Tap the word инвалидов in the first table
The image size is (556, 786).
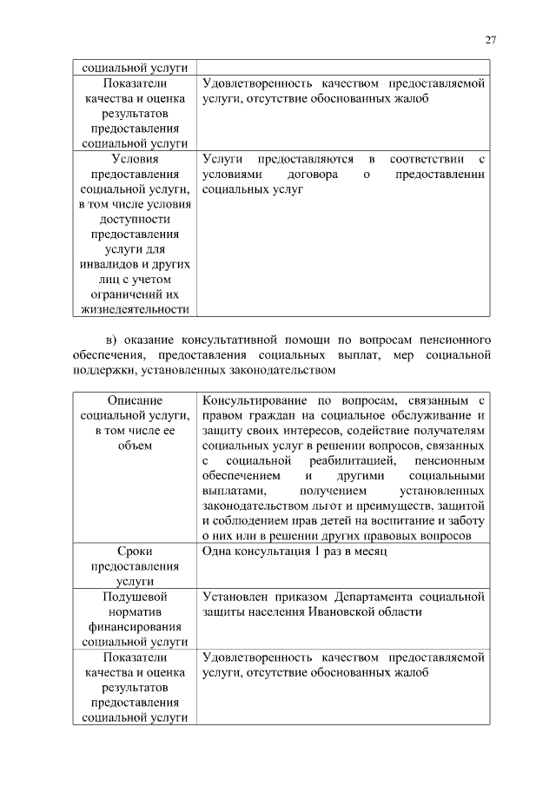pyautogui.click(x=109, y=264)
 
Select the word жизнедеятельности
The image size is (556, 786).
pyautogui.click(x=135, y=308)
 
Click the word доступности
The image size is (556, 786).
pyautogui.click(x=135, y=220)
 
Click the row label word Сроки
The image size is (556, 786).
pyautogui.click(x=135, y=552)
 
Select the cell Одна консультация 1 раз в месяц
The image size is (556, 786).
pyautogui.click(x=295, y=552)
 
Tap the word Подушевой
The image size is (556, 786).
pyautogui.click(x=135, y=597)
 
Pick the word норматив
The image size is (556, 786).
pyautogui.click(x=135, y=611)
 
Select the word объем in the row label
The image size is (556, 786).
pyautogui.click(x=135, y=446)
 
